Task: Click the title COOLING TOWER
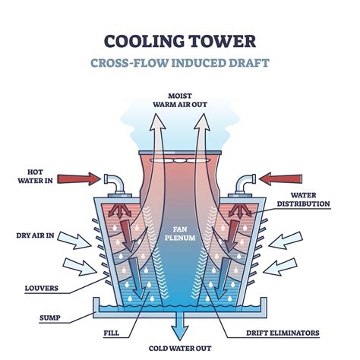(179, 39)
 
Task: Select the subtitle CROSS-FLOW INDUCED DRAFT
(179, 62)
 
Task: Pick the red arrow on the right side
(279, 178)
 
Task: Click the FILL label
(109, 332)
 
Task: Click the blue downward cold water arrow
(179, 328)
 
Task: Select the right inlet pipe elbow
(245, 182)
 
